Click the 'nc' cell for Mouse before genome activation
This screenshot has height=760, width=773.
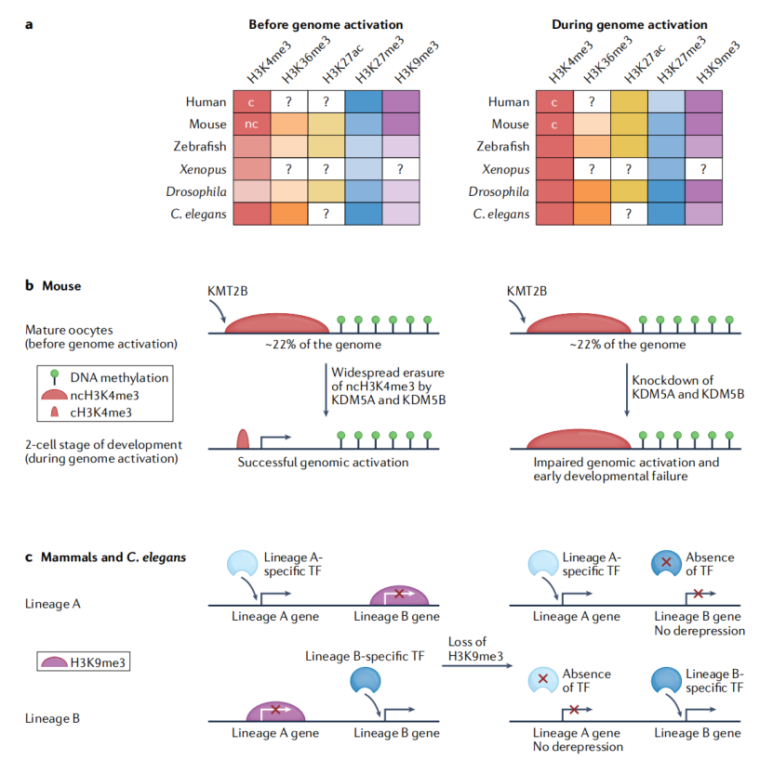pos(252,124)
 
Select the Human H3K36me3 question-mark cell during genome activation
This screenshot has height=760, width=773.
pos(592,102)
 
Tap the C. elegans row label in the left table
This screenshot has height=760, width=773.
pos(199,215)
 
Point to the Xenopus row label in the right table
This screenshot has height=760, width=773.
pos(506,169)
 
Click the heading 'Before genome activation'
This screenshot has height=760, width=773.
pos(326,25)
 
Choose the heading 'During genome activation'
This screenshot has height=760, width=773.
pos(630,25)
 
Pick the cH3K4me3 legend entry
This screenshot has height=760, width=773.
pos(91,413)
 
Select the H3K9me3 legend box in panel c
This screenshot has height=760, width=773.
pos(84,662)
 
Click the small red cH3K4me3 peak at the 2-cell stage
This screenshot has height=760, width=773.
pos(243,439)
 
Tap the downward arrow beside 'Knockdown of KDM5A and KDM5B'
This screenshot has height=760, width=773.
pos(627,390)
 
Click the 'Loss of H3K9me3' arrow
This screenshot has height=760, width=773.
pos(477,666)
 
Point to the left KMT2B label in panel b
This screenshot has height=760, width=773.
pos(227,291)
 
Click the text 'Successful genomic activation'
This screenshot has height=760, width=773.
pos(323,463)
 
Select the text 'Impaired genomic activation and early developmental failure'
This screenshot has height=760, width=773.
pos(626,469)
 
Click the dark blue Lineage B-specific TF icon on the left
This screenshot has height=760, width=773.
pos(366,680)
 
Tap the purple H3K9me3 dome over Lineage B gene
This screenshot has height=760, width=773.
pos(399,596)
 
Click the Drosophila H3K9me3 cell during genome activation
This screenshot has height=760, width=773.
pos(704,191)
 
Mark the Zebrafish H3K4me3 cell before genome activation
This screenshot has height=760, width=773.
pos(252,147)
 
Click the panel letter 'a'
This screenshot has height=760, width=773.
pos(29,25)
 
